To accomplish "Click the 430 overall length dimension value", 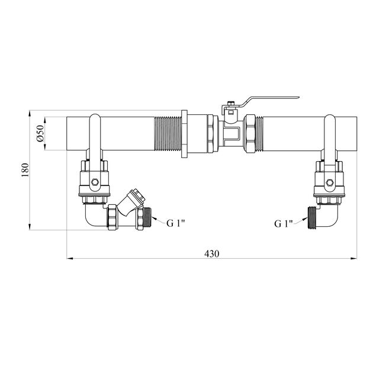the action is [211, 254].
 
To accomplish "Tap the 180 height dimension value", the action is [25, 170].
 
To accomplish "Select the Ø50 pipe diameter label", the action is [40, 133].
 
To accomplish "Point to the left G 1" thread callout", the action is [176, 223].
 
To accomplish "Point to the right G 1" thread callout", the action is [283, 224].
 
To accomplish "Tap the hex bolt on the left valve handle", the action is [95, 182].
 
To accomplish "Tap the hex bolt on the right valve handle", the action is [330, 182].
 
